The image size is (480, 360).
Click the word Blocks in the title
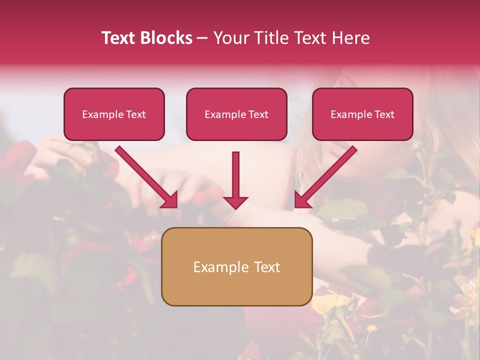(x=166, y=38)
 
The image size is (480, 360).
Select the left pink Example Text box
(x=114, y=114)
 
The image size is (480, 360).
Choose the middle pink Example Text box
(x=236, y=114)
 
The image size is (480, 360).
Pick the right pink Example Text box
(x=362, y=114)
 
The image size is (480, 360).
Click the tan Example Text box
(x=236, y=266)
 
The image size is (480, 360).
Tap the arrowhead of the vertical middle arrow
(x=235, y=202)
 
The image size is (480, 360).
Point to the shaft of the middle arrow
(x=235, y=172)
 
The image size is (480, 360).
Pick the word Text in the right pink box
(x=384, y=114)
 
